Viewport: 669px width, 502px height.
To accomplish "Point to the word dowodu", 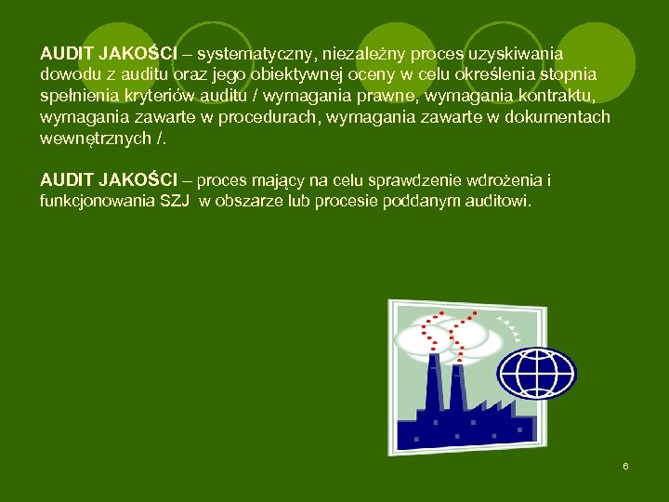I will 67,74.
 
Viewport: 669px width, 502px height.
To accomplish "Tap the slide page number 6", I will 625,465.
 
